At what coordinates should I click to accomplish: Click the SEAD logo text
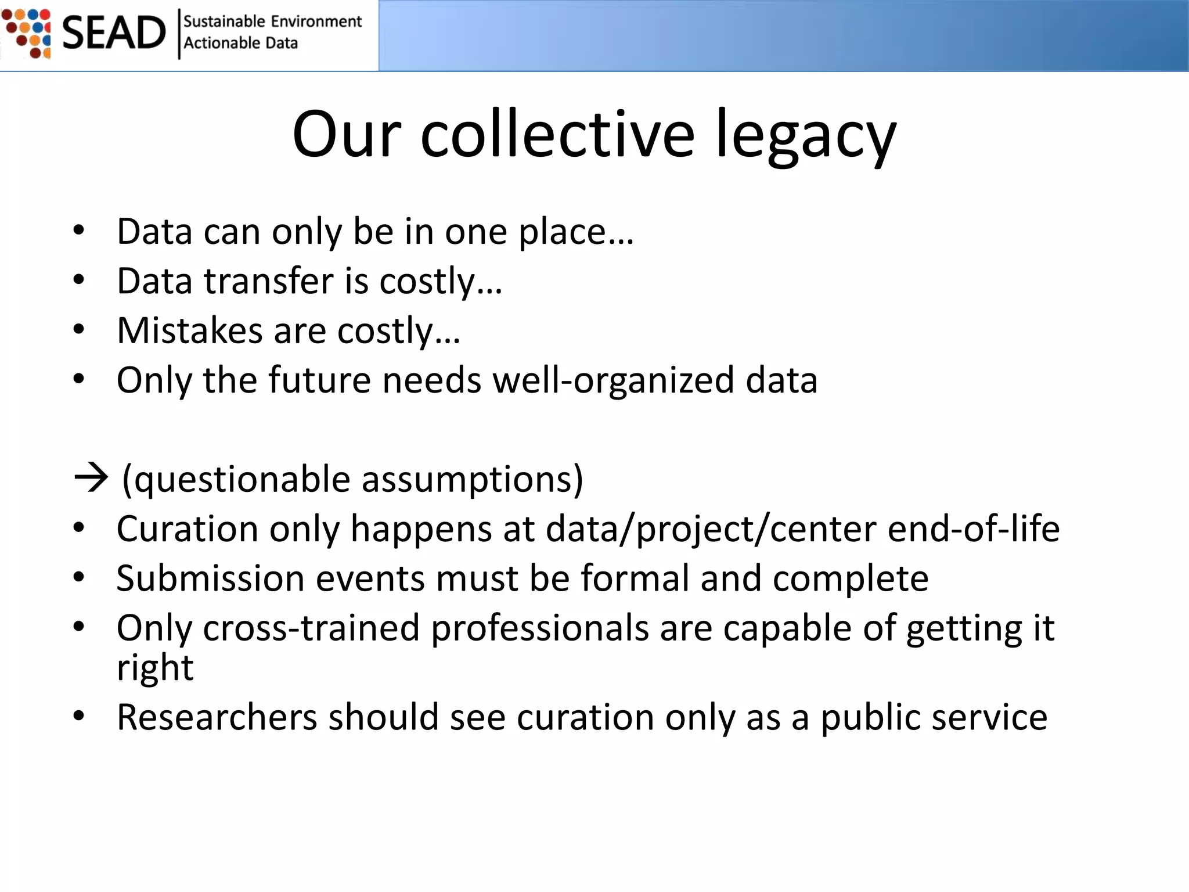click(114, 33)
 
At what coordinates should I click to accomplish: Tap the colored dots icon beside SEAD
click(27, 33)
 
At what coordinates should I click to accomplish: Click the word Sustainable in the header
click(224, 21)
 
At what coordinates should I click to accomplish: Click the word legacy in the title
click(806, 136)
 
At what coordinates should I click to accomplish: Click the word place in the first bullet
click(562, 232)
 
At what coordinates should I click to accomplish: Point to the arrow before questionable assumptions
click(91, 479)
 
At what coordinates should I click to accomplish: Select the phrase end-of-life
click(974, 529)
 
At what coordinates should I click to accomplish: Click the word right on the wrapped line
click(154, 668)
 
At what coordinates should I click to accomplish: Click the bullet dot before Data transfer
click(79, 280)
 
